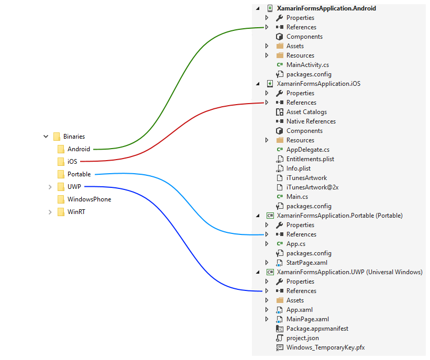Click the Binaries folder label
(74, 137)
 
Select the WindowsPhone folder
(89, 199)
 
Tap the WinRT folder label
(76, 212)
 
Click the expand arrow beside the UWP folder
(50, 187)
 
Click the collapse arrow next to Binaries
(46, 137)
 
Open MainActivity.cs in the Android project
(307, 65)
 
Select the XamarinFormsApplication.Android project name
(326, 8)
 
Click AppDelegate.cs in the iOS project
(308, 150)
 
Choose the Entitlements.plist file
(310, 159)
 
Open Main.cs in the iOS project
(297, 197)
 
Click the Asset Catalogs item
(306, 112)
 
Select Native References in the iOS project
(311, 121)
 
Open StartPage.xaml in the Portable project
(307, 263)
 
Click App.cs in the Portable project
(296, 244)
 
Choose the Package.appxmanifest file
(317, 329)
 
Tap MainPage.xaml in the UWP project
(307, 319)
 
